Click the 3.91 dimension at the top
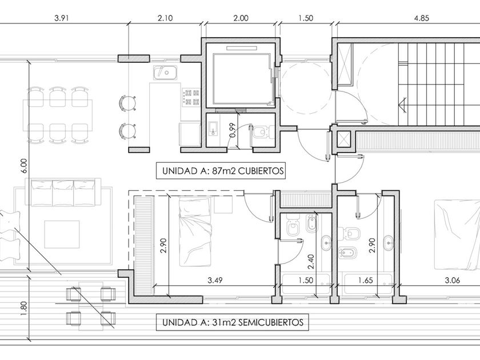(62, 18)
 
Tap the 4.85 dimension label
(421, 18)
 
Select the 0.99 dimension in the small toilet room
(233, 130)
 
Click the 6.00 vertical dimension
(24, 166)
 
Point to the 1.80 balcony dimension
(24, 307)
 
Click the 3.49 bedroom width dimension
(215, 280)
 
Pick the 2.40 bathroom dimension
(311, 262)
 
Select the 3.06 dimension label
(452, 280)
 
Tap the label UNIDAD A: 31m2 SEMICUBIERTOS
(233, 322)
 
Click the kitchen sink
(166, 73)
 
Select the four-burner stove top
(191, 97)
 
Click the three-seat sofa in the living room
(63, 193)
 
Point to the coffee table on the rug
(62, 234)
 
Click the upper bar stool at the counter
(127, 101)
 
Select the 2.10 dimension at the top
(165, 18)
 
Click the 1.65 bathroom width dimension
(365, 280)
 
